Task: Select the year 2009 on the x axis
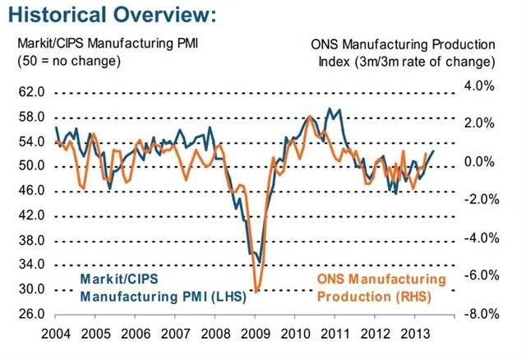point(254,336)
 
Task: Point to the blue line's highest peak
point(330,108)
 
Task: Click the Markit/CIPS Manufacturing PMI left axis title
point(104,44)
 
